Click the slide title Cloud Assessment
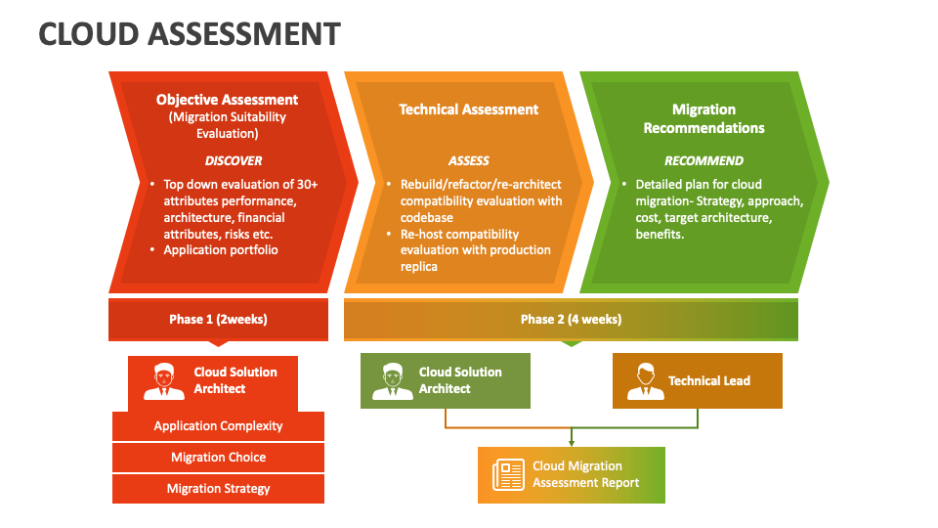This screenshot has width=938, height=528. (x=190, y=34)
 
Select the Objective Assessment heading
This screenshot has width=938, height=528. (x=227, y=100)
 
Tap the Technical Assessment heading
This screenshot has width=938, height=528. (x=468, y=110)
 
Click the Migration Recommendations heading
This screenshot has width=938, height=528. (x=703, y=118)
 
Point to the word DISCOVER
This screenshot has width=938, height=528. (x=233, y=160)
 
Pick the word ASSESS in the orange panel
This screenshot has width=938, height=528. (x=468, y=160)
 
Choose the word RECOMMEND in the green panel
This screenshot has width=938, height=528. (x=703, y=160)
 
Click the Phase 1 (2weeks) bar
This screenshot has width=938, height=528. (x=218, y=320)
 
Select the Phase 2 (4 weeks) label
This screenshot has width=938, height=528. (x=571, y=320)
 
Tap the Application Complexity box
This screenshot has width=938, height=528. (x=218, y=426)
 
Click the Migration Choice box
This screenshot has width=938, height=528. (x=218, y=458)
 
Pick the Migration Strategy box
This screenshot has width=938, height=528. (x=218, y=489)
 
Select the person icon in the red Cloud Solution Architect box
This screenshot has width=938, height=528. (x=163, y=381)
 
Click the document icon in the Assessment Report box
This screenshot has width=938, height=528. (x=508, y=475)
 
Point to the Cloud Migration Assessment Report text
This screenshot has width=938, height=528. (x=585, y=474)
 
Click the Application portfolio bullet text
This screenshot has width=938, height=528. (x=221, y=250)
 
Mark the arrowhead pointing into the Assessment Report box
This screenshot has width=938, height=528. (x=572, y=443)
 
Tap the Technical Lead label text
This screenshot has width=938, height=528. (x=709, y=381)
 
